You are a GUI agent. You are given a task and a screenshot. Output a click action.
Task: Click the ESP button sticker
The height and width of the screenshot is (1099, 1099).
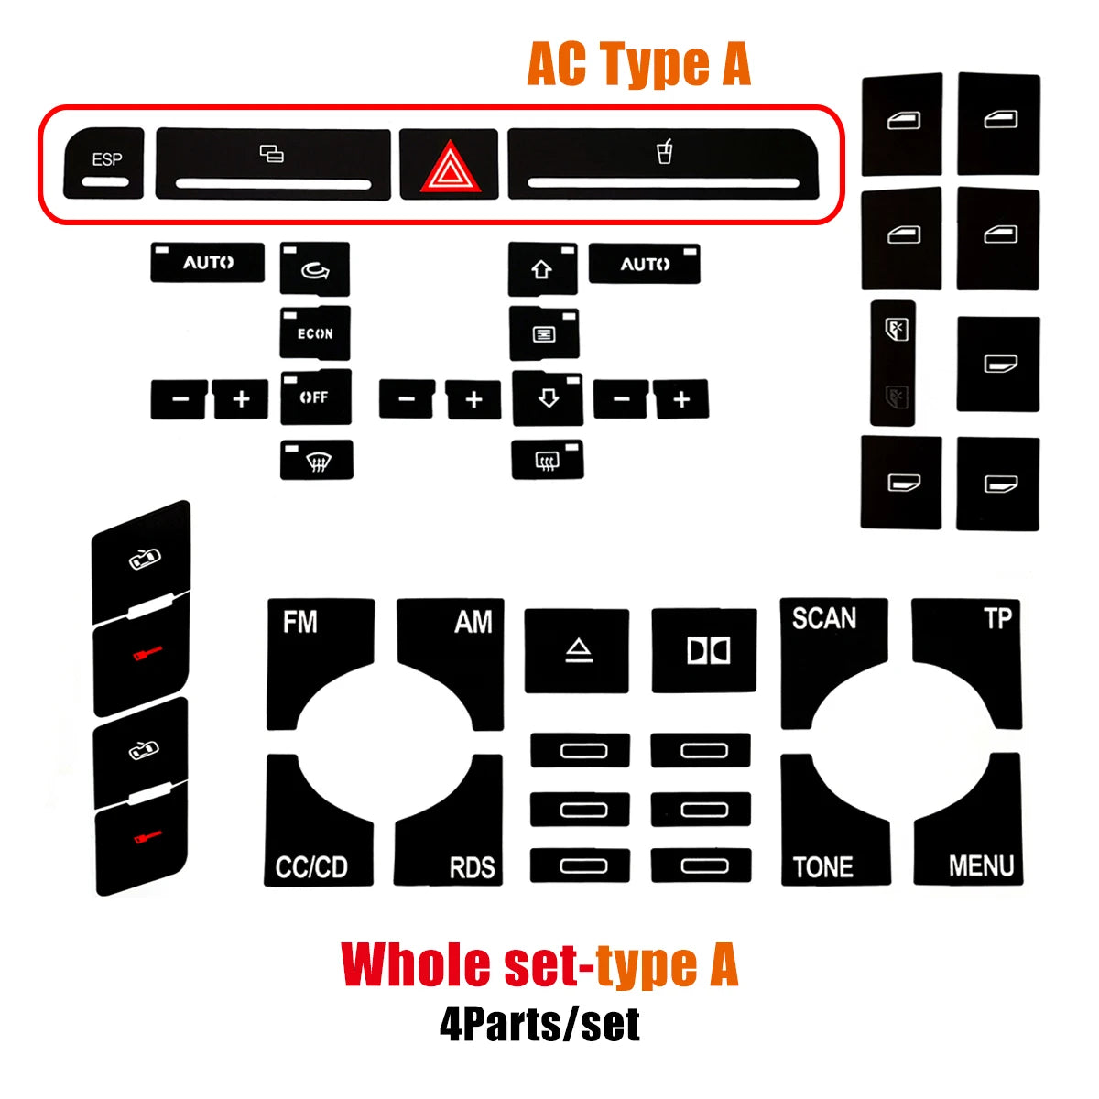point(103,163)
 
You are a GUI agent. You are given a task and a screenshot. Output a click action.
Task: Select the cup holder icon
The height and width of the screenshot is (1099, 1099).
point(664,151)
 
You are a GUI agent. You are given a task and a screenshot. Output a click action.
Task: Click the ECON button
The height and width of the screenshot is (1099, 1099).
point(315,333)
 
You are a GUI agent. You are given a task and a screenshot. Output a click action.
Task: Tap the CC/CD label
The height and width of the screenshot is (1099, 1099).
point(311,867)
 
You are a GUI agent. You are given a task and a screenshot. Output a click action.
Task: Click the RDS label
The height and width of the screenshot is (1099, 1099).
point(472,868)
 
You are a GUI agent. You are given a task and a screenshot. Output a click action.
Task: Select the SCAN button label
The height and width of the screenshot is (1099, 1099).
point(824,618)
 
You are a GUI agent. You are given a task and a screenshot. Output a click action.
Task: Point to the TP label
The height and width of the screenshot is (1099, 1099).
point(997,618)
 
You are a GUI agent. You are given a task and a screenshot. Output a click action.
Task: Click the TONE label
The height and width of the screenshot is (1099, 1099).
point(823,867)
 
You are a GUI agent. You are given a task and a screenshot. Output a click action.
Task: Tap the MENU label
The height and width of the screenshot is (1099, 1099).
point(981,865)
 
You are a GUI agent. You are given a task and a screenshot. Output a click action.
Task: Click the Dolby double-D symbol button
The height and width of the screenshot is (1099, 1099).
point(704,651)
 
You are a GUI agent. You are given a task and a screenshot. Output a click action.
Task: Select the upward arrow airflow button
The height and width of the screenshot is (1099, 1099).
point(542,269)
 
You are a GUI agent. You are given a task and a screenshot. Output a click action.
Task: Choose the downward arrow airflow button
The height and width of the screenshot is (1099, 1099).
point(548,398)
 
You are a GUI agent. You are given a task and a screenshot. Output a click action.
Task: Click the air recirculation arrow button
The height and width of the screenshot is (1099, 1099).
point(315,268)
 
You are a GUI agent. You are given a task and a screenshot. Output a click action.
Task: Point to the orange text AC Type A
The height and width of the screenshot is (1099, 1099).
point(638,64)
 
